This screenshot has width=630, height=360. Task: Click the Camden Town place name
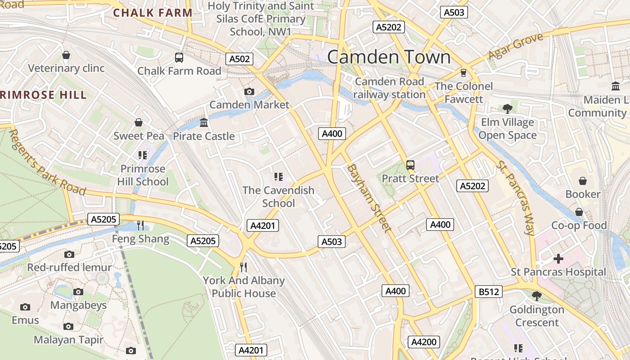point(389,57)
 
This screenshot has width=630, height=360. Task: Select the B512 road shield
point(489,292)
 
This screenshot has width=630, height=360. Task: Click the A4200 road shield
point(424,342)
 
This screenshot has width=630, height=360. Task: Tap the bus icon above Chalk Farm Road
point(179,58)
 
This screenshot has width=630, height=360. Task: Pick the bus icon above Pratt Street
point(410,165)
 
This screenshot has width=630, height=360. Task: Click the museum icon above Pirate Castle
point(204,122)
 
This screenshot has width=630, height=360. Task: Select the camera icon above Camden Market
point(249,92)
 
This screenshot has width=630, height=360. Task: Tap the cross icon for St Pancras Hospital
point(558,259)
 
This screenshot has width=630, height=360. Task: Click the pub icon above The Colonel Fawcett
point(463,73)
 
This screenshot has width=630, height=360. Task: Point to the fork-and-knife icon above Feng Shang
point(140,225)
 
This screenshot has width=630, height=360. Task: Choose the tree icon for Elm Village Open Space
point(508,108)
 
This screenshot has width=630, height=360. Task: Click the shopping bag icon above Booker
point(583,181)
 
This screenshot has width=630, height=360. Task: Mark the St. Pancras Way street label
point(516,198)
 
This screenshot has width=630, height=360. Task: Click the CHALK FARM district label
point(153,13)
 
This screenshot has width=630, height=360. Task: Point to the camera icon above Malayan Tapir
point(68,326)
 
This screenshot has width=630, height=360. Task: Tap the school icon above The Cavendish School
point(278,177)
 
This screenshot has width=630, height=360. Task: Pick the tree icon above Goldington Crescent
point(536,296)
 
